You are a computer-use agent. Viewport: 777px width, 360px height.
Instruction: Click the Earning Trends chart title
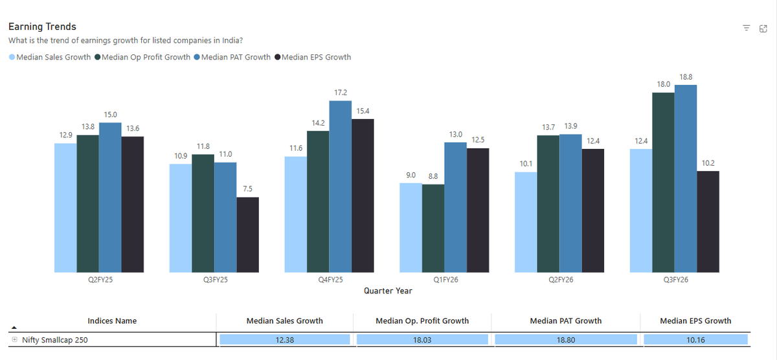click(42, 27)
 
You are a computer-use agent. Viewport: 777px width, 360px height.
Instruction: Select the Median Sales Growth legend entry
click(50, 57)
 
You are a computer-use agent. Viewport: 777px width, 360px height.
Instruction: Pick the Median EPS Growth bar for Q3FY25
click(247, 234)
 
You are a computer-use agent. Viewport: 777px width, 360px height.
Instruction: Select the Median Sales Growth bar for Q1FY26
click(411, 227)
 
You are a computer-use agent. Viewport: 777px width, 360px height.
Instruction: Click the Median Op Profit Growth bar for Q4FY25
click(318, 201)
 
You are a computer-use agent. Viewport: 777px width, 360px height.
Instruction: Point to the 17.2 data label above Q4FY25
click(340, 93)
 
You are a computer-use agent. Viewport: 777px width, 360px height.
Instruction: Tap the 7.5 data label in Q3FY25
click(247, 189)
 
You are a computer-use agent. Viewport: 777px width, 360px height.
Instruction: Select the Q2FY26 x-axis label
click(560, 280)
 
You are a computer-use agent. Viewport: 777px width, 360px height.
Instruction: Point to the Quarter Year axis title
click(388, 291)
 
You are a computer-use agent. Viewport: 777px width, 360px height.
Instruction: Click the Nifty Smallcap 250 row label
click(54, 339)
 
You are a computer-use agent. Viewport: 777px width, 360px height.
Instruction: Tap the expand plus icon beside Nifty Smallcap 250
click(14, 339)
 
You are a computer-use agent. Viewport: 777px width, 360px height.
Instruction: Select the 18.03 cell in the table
click(422, 339)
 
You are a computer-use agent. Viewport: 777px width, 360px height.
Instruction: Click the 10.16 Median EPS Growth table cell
click(695, 339)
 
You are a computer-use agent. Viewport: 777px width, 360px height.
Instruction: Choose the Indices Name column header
click(112, 321)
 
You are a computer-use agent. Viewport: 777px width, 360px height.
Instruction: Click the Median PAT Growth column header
click(565, 321)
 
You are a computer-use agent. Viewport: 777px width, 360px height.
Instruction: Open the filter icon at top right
click(746, 28)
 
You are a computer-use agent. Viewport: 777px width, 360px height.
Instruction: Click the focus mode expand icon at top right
click(763, 28)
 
